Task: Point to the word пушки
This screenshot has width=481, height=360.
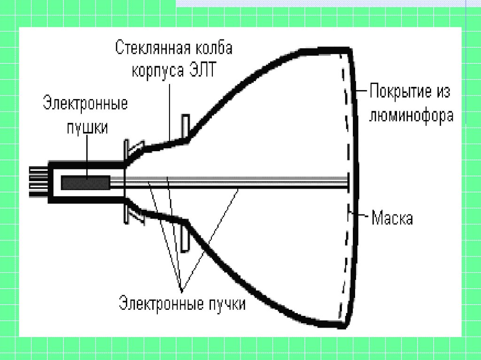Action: (85, 127)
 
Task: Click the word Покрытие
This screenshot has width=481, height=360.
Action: (400, 91)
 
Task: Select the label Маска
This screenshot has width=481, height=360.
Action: (392, 218)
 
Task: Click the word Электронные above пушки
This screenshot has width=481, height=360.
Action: (85, 103)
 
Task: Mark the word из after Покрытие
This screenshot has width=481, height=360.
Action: (442, 91)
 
